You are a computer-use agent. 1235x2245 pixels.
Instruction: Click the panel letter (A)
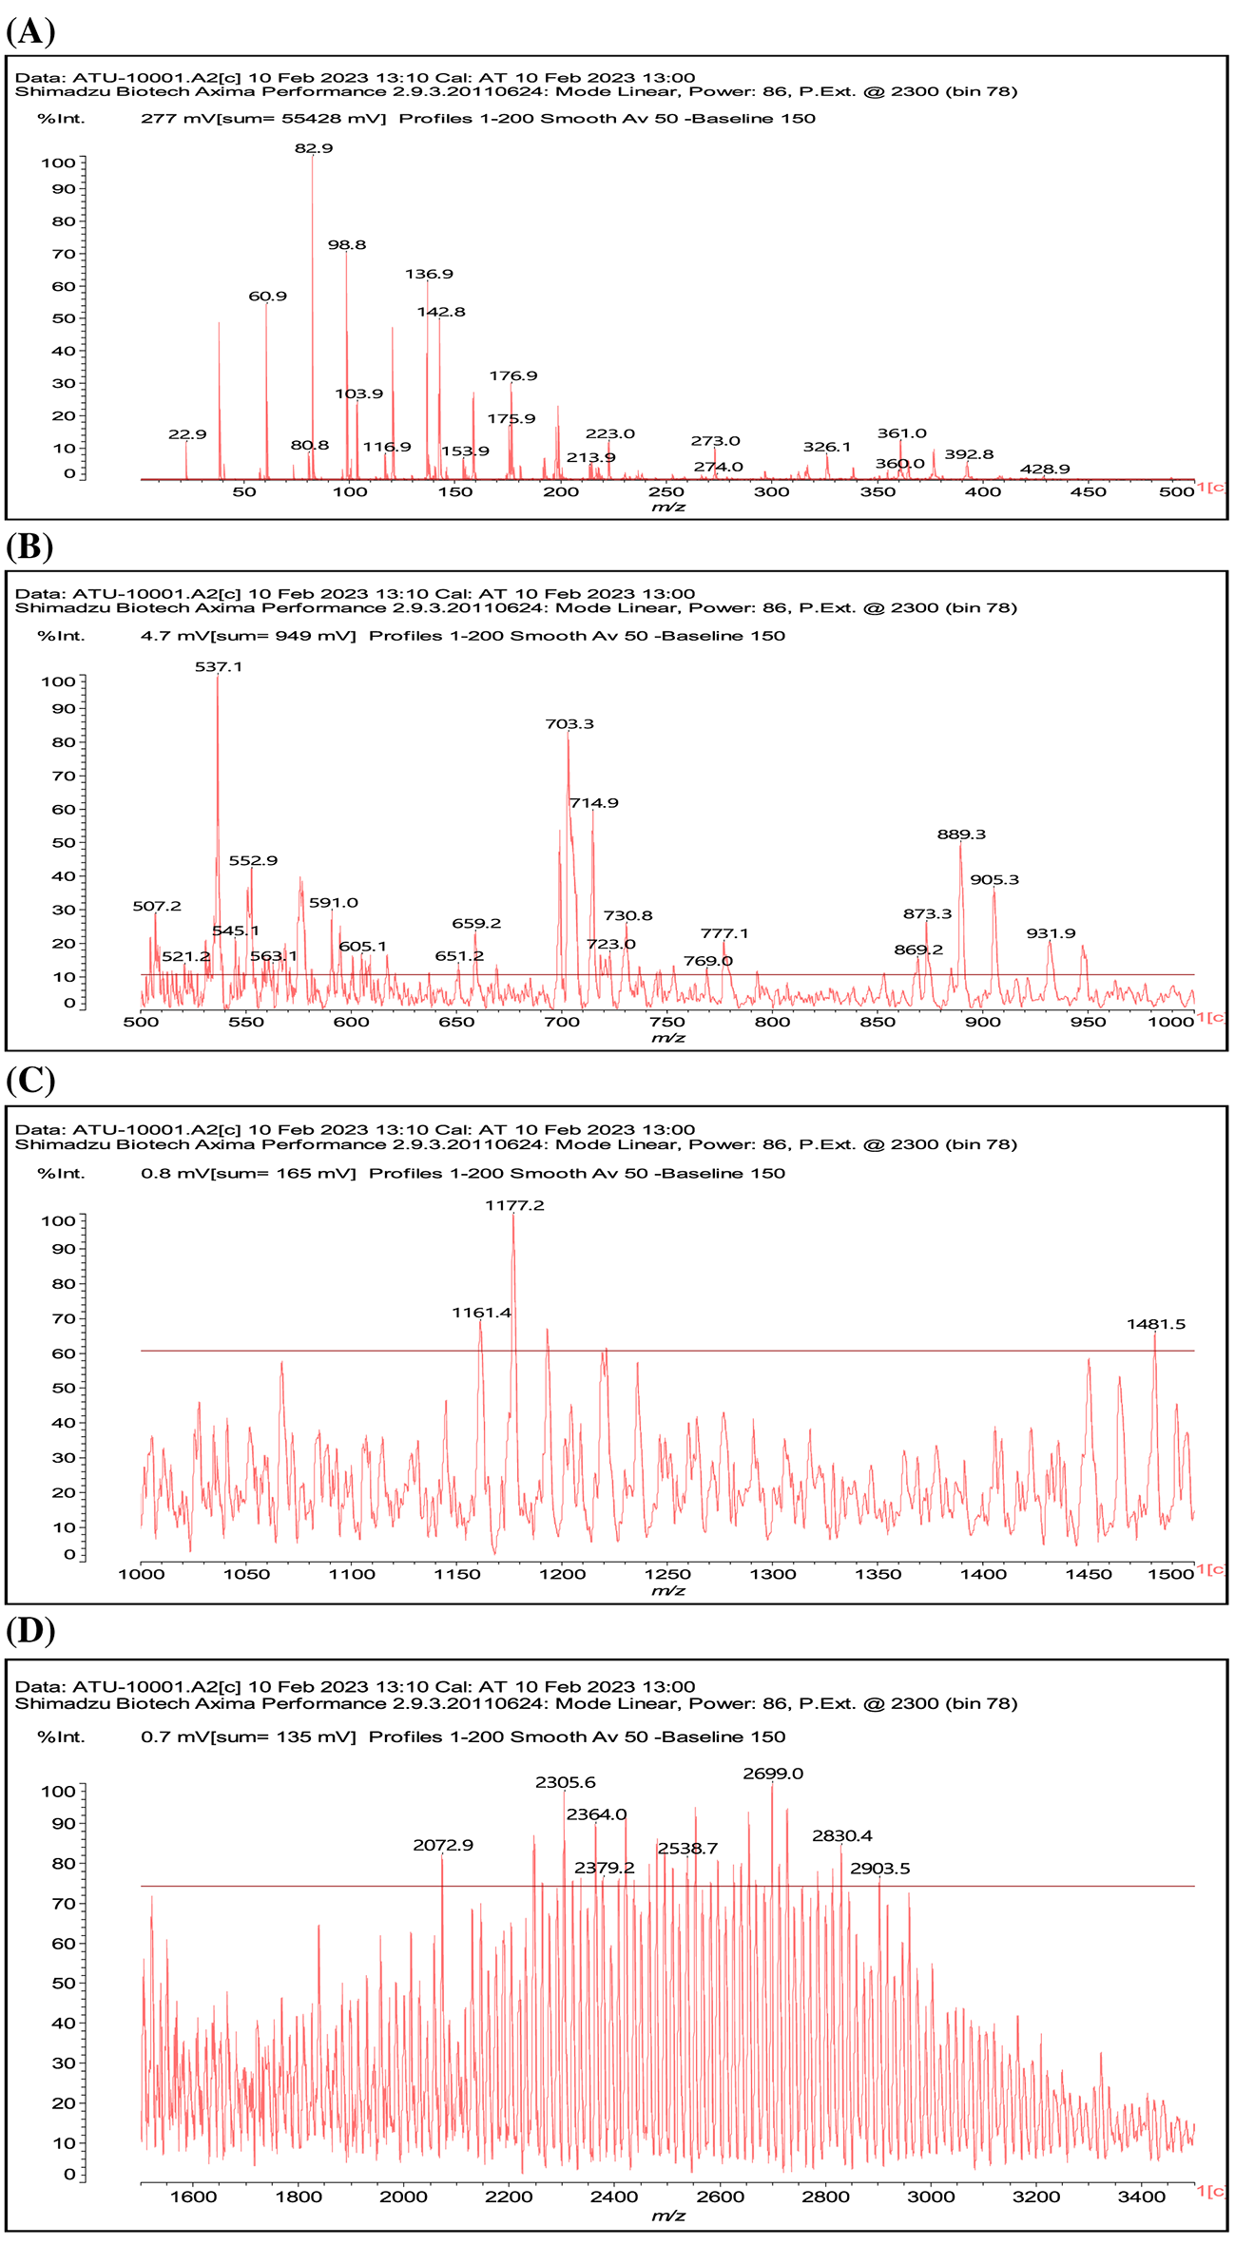[30, 30]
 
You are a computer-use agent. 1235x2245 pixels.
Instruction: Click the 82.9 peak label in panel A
[314, 148]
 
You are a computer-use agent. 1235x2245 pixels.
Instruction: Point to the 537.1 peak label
[219, 667]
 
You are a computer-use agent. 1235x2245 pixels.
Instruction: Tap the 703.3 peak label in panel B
[569, 724]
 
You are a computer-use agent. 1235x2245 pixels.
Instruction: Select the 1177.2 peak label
[514, 1206]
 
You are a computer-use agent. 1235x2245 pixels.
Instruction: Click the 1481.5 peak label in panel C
[1156, 1325]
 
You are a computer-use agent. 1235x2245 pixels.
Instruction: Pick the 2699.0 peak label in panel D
[773, 1775]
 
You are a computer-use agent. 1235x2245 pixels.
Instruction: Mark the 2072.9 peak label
[443, 1846]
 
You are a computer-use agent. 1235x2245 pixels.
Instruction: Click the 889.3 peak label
[961, 835]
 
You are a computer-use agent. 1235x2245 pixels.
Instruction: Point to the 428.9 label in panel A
[1045, 470]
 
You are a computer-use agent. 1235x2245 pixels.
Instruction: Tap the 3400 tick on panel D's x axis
[1141, 2197]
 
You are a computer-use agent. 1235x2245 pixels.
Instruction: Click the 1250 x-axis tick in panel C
[667, 1575]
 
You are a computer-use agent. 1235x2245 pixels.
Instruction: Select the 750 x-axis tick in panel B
[667, 1022]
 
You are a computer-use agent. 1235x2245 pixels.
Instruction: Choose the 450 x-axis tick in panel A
[1088, 492]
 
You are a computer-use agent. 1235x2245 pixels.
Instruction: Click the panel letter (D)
[30, 1631]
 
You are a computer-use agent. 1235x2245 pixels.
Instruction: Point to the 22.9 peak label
[187, 435]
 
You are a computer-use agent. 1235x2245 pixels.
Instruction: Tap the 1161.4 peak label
[481, 1314]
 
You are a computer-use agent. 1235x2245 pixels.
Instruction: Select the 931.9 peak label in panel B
[1051, 934]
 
